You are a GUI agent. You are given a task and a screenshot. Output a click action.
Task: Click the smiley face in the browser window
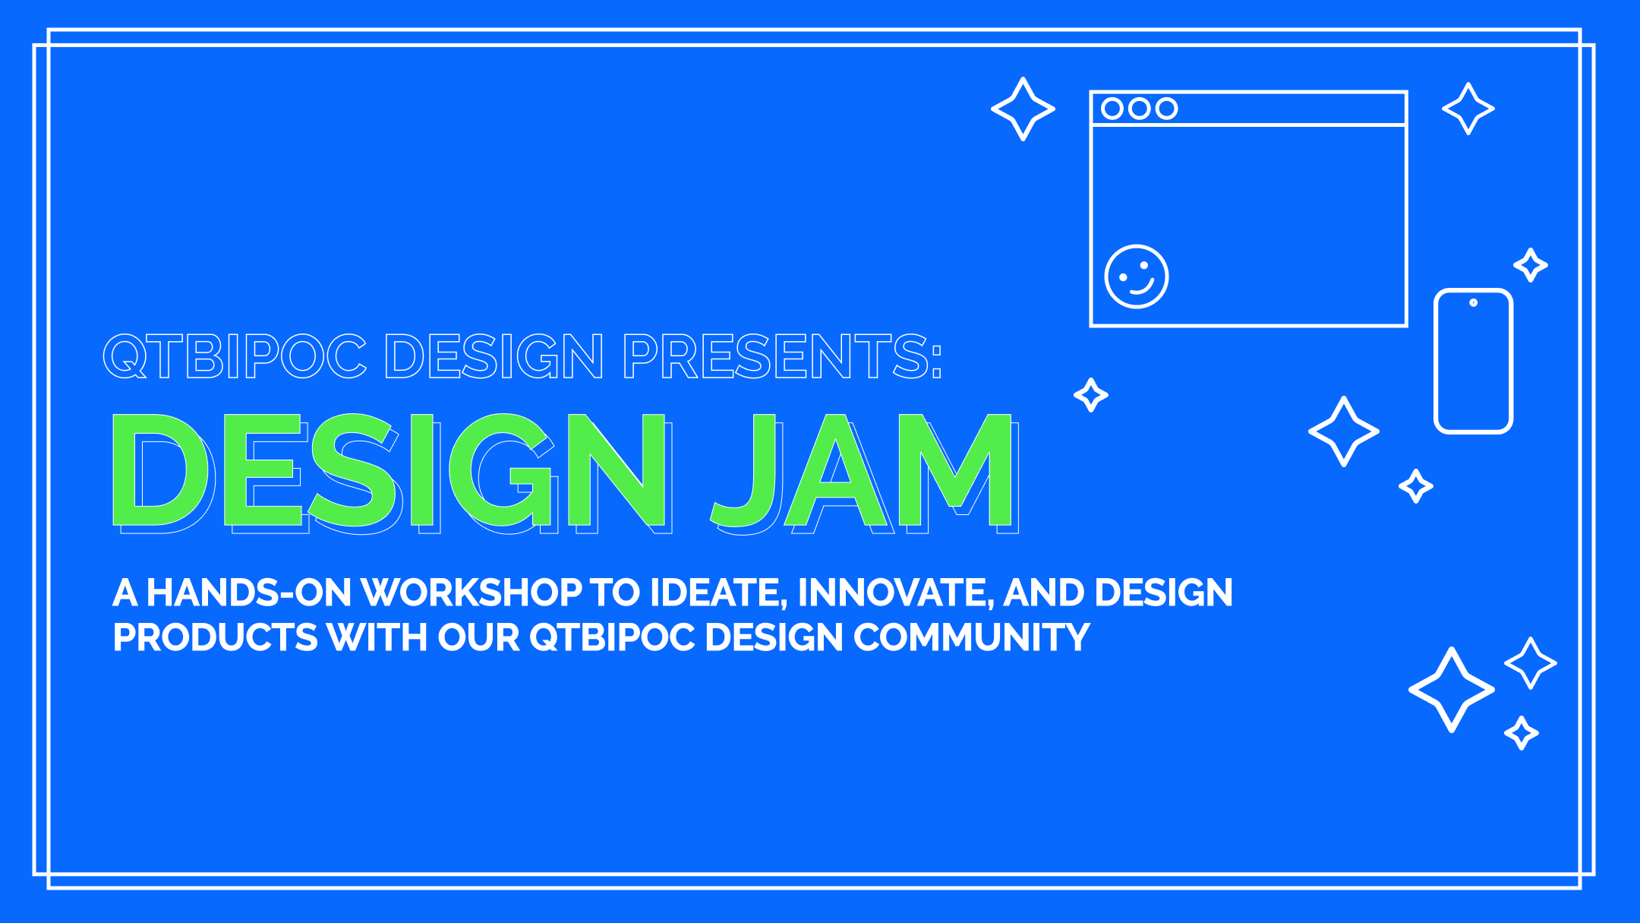[x=1137, y=277]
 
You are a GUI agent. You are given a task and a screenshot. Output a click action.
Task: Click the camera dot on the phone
[x=1473, y=302]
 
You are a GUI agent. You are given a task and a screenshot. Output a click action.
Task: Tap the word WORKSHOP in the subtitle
[x=471, y=593]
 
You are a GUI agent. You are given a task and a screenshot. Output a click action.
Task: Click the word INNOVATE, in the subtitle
[x=896, y=593]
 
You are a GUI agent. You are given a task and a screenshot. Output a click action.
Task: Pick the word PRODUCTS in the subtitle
[x=215, y=637]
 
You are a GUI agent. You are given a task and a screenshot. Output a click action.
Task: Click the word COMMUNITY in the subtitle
[x=972, y=637]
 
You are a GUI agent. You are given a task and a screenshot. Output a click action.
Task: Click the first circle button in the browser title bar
[x=1112, y=109]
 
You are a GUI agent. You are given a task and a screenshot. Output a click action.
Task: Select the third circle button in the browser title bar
[x=1167, y=109]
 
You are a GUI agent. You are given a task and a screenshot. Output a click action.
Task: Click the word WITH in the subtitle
[x=377, y=637]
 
